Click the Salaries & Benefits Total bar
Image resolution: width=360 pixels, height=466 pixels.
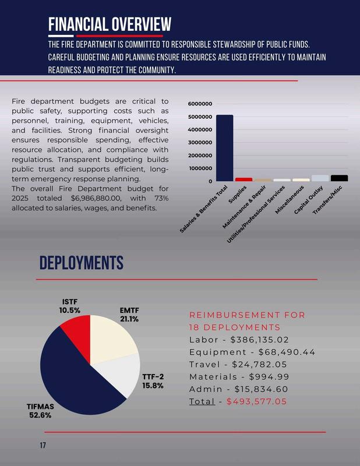tap(224, 148)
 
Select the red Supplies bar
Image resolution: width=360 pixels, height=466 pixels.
tap(243, 179)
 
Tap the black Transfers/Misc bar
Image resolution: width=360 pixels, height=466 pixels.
tap(339, 178)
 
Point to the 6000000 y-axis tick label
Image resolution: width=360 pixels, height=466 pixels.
tap(200, 104)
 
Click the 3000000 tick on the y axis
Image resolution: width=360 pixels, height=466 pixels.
tap(200, 143)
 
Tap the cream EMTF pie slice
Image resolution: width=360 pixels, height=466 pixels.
tap(114, 338)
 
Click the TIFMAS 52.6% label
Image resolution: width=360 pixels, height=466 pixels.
tap(40, 411)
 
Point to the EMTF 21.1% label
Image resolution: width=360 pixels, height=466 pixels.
tap(129, 315)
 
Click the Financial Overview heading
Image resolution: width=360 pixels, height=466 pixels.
tap(110, 24)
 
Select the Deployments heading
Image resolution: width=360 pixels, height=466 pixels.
tap(81, 263)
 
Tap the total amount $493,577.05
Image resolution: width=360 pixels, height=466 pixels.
tap(256, 401)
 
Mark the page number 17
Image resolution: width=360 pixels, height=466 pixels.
tap(43, 446)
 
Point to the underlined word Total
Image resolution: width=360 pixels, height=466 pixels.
tap(202, 401)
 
